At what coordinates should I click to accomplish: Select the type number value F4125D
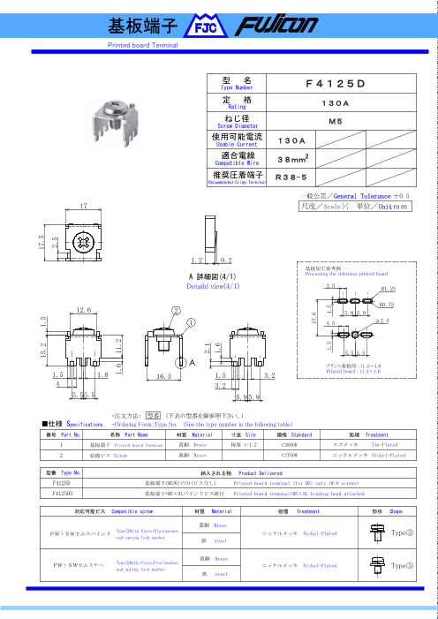[x=335, y=83]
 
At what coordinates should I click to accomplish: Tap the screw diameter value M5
[x=335, y=120]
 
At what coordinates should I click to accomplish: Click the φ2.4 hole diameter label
[x=382, y=321]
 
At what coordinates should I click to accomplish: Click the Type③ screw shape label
[x=403, y=533]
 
